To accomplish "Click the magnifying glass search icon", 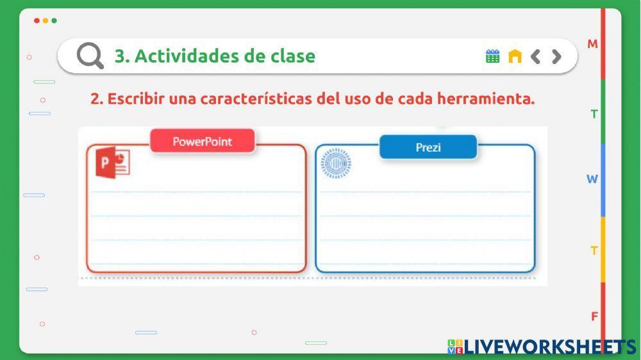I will [90, 56].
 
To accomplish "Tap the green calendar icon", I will [492, 56].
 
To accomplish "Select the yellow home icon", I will [515, 56].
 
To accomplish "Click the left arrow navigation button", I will [536, 56].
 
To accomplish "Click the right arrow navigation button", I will [556, 56].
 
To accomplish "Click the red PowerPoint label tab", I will [203, 142].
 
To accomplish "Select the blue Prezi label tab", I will [428, 147].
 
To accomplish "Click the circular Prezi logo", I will [336, 163].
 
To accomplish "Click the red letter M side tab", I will [593, 44].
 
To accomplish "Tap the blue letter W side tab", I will [592, 179].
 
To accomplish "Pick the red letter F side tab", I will [594, 316].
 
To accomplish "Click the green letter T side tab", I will [594, 114].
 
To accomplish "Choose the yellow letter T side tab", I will [594, 250].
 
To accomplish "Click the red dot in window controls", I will [37, 20].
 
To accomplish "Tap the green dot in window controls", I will [54, 20].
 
